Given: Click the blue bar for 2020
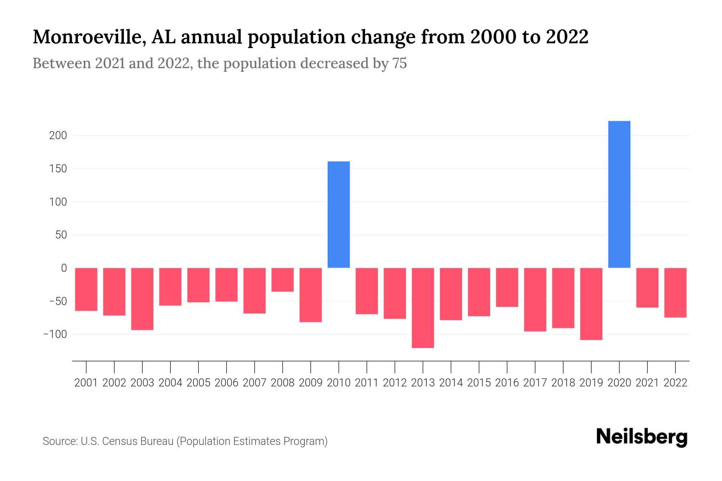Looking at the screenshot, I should click(x=619, y=194).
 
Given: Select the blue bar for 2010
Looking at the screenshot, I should click(x=339, y=214).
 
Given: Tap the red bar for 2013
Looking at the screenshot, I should click(x=423, y=307).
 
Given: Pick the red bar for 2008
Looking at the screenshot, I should click(x=282, y=280).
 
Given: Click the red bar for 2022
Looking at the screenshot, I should click(x=675, y=293).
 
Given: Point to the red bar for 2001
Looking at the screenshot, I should click(x=86, y=289).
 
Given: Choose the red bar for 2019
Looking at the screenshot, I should click(x=591, y=303).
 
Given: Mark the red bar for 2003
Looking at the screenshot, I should click(x=142, y=299).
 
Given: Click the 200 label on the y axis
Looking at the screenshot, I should click(x=58, y=135).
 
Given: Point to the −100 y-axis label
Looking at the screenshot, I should click(x=55, y=334).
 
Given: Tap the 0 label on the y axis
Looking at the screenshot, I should click(x=63, y=268).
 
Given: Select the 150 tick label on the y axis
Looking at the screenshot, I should click(x=58, y=169).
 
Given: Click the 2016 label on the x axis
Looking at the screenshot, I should click(x=507, y=383).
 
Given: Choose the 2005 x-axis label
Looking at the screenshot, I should click(x=199, y=383).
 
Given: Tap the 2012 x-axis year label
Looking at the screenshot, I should click(x=395, y=383).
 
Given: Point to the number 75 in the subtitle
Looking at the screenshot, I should click(x=400, y=63).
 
